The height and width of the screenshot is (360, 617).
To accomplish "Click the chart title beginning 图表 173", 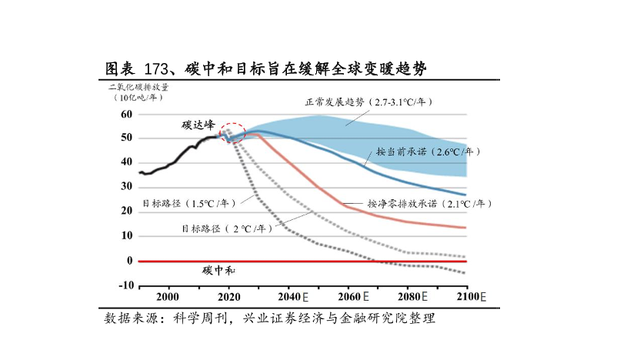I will pos(265,69).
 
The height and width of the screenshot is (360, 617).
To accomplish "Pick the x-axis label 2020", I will pos(228,297).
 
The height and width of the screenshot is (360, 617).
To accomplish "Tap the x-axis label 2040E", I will pos(292,297).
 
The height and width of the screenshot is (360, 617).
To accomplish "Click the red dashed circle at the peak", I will pos(233,133).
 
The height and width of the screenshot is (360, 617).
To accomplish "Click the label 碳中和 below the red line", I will pos(219,271).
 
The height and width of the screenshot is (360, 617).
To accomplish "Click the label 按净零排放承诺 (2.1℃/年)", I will pos(428,204).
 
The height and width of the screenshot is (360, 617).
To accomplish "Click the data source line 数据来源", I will pos(269,318).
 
